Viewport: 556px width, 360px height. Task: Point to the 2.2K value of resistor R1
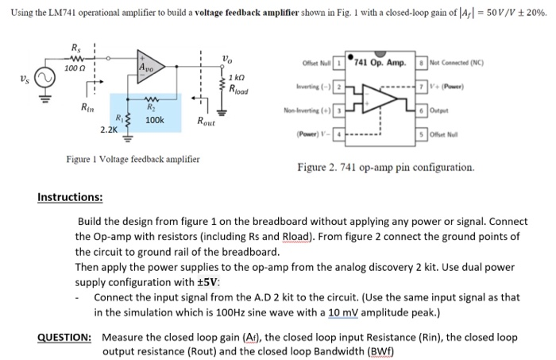click(109, 129)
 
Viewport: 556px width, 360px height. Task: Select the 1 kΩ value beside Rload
click(236, 77)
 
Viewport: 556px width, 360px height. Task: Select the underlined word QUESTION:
click(66, 337)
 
